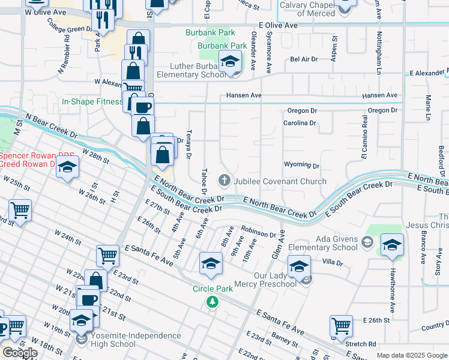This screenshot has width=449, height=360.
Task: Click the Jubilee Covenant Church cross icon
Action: pyautogui.click(x=224, y=179)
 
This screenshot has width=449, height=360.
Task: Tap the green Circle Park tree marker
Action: pyautogui.click(x=211, y=302)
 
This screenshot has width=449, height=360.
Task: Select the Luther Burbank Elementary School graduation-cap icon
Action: pyautogui.click(x=229, y=62)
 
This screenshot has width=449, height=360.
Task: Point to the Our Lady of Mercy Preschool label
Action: pyautogui.click(x=275, y=280)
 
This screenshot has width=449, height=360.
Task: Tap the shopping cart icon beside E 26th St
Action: pyautogui.click(x=341, y=326)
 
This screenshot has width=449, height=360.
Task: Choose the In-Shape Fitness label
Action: pyautogui.click(x=92, y=102)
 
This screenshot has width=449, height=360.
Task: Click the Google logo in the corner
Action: pyautogui.click(x=19, y=353)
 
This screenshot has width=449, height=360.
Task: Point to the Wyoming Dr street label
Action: pyautogui.click(x=301, y=165)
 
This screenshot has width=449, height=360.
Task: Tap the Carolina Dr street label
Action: pyautogui.click(x=300, y=123)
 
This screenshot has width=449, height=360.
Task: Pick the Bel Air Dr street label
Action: pyautogui.click(x=303, y=60)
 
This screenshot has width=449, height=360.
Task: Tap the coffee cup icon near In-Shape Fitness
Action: pyautogui.click(x=142, y=107)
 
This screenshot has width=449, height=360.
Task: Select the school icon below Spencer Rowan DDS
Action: pyautogui.click(x=67, y=166)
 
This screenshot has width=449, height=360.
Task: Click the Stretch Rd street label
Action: pyautogui.click(x=360, y=344)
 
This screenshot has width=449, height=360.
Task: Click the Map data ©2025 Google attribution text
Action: pyautogui.click(x=411, y=355)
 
